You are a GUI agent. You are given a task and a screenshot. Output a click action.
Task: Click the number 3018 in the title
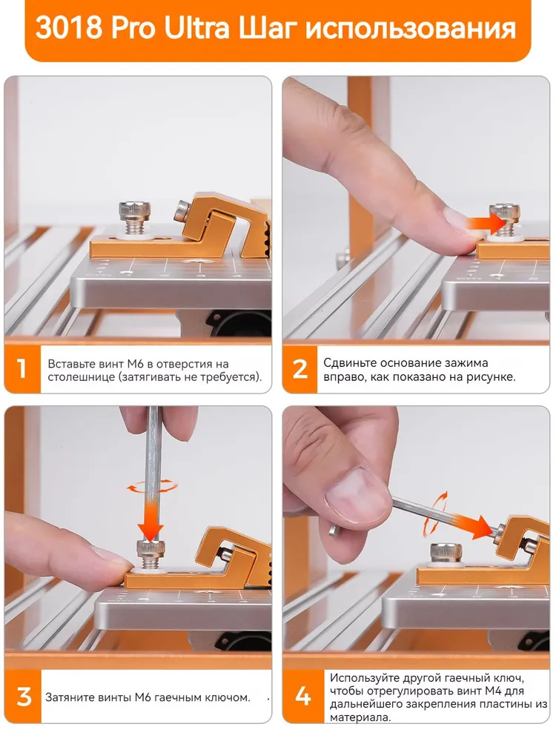point(68,28)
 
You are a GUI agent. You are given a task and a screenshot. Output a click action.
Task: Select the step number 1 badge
point(22,369)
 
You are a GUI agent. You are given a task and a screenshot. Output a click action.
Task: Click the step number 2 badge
point(299,369)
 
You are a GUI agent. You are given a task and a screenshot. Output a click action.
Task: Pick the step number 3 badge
point(24,697)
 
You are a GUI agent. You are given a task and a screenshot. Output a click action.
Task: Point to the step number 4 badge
point(303,697)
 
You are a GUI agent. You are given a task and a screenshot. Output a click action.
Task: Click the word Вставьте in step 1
point(71,365)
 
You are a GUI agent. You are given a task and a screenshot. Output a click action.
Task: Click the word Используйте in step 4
point(363,678)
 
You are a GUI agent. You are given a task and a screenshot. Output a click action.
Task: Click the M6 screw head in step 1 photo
point(134,210)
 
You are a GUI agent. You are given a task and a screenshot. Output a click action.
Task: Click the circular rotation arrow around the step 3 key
point(152,486)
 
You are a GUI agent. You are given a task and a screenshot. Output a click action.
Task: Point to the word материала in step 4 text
point(360,717)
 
